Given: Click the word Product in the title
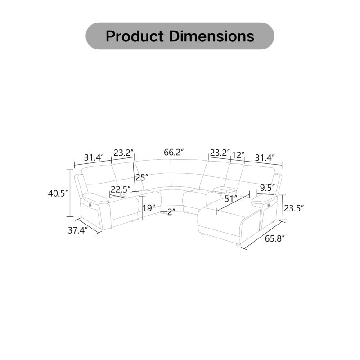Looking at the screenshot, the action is [x=135, y=36].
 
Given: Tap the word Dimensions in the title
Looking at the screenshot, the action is [x=211, y=36].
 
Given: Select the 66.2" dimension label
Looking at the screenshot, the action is [x=174, y=152].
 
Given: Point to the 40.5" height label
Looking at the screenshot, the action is [x=58, y=193].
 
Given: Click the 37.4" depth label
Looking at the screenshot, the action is [x=78, y=230].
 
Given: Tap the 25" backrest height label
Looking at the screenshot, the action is [x=142, y=177].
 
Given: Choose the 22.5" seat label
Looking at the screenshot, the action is [x=121, y=189].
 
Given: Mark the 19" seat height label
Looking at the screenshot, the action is [x=149, y=208].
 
